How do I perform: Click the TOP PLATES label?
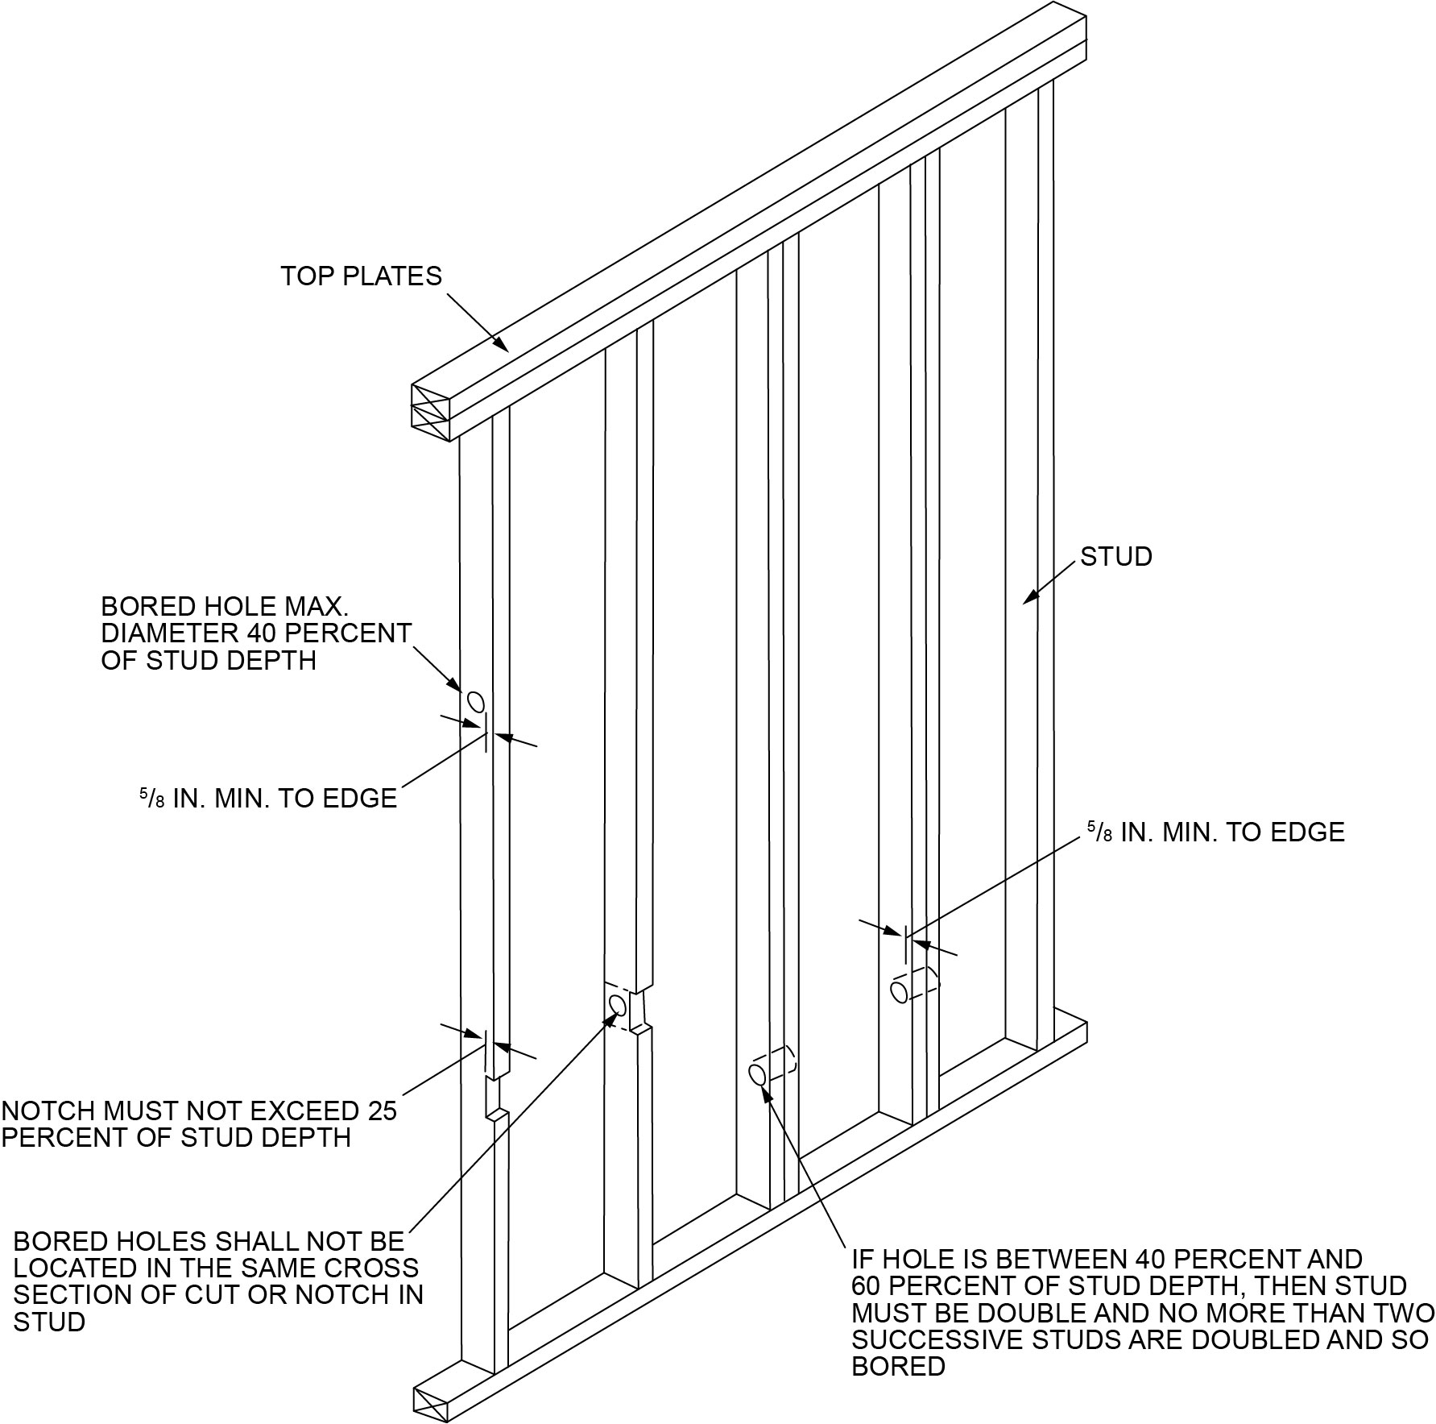pyautogui.click(x=361, y=276)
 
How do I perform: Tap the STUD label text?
pyautogui.click(x=1115, y=557)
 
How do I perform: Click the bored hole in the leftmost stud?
pyautogui.click(x=475, y=702)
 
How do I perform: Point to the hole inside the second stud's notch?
pyautogui.click(x=618, y=1005)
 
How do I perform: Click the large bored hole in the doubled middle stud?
pyautogui.click(x=757, y=1074)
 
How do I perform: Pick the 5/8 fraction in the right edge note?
pyautogui.click(x=1101, y=832)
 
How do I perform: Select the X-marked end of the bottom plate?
pyautogui.click(x=431, y=1405)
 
